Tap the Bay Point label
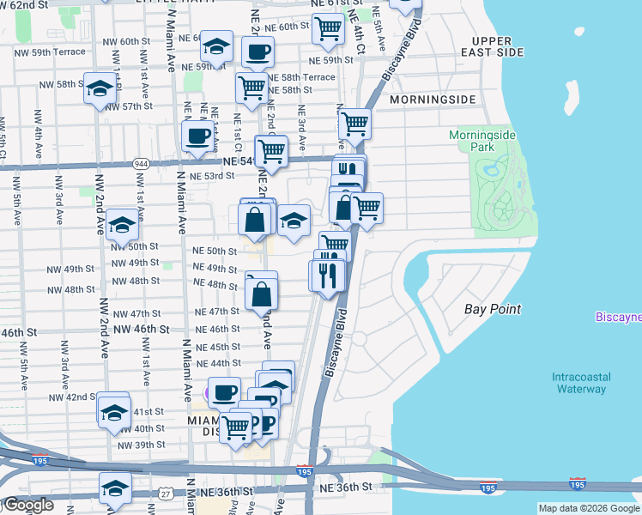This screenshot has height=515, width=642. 493,309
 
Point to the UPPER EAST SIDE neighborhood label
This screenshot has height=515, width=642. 497,46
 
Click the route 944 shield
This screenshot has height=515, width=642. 141,163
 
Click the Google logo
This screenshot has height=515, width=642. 28,506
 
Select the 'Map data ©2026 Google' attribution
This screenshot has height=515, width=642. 589,508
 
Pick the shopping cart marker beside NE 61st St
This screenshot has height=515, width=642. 328,29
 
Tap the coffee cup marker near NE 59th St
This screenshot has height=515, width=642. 257,51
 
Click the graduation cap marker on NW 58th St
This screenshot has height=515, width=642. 100,88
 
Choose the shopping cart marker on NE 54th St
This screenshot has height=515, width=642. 271,151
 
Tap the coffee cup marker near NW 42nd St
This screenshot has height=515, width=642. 224,393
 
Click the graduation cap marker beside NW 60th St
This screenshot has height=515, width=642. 218,45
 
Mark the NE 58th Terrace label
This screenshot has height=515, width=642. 301,77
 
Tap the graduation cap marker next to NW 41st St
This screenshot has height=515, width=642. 113,412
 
